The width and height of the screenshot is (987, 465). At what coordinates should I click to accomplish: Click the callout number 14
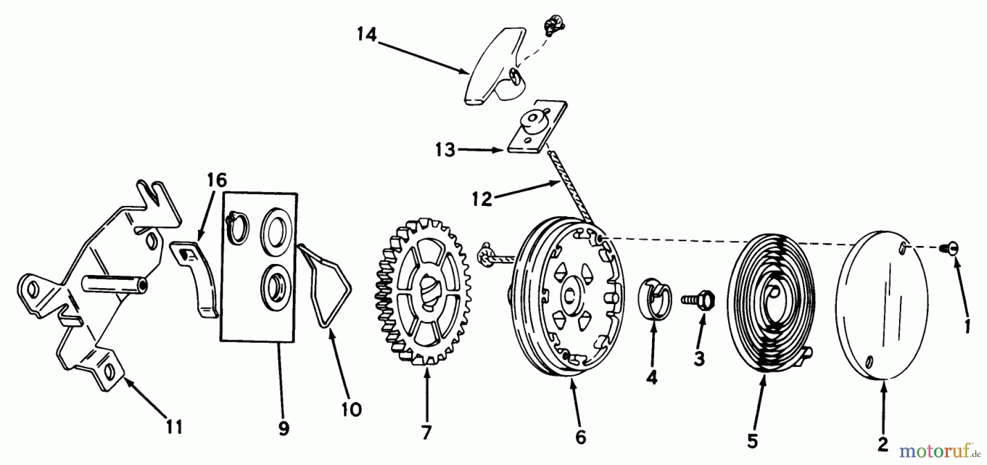coord(367,35)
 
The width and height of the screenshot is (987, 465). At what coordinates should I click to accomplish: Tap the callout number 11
coord(174,427)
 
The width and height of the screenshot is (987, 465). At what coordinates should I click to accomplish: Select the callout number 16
coord(217,180)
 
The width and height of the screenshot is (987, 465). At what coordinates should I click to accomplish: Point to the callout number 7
coord(427,433)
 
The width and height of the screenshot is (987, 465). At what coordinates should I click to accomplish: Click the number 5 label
coord(752,441)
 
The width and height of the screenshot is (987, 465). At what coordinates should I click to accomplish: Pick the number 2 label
coord(882,444)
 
